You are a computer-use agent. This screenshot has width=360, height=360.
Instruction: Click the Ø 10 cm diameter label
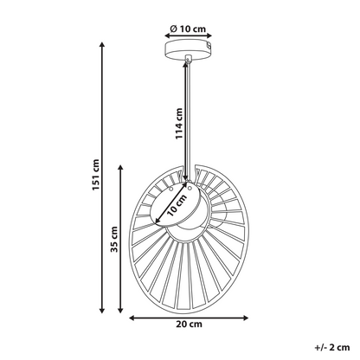[188, 29]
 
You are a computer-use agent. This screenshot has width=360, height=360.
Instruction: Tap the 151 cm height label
[96, 175]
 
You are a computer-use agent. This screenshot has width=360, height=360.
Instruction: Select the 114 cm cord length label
[179, 124]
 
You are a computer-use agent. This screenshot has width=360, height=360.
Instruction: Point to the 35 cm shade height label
[114, 239]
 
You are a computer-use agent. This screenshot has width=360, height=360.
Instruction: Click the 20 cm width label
[189, 325]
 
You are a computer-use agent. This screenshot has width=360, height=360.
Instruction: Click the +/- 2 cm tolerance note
[332, 347]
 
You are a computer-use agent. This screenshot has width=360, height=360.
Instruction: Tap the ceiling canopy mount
[189, 50]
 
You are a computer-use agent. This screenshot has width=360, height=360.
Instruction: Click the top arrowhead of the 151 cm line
[101, 44]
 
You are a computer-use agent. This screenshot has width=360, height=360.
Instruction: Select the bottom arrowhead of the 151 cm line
[101, 311]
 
